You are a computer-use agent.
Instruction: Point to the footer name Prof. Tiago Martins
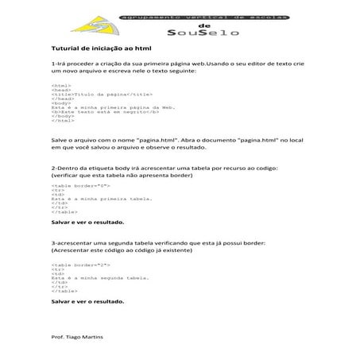(x=77, y=337)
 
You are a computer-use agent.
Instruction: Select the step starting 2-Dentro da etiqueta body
(x=174, y=169)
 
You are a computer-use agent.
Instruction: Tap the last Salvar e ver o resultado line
(x=87, y=302)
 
